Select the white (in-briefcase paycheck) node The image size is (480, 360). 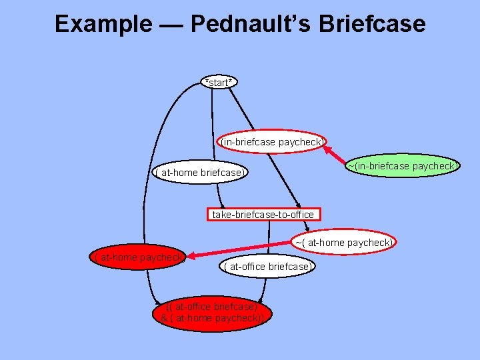tap(272, 142)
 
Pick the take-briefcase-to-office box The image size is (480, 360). tap(263, 215)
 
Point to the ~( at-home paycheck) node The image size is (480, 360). tap(344, 243)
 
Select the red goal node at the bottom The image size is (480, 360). tap(212, 313)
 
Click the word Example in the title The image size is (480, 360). tap(103, 25)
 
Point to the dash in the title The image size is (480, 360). tap(171, 25)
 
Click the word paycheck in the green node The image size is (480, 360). tap(433, 166)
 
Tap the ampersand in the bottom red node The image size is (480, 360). tap(165, 318)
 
